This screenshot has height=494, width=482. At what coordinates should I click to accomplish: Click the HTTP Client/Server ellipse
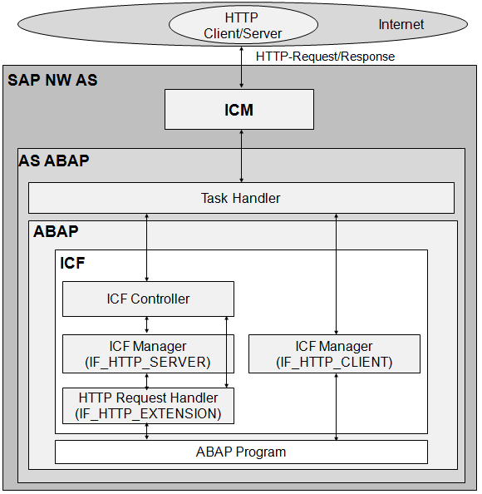coord(242,25)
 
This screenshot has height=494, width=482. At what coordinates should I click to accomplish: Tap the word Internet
coord(401,25)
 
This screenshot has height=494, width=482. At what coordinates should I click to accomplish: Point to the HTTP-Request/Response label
coord(325,57)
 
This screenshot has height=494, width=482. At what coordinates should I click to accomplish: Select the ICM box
coord(239,110)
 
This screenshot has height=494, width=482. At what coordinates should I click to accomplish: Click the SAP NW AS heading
coord(52,81)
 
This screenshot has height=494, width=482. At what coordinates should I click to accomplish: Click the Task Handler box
coord(241,198)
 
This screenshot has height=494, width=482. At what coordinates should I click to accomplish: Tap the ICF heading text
coord(72,263)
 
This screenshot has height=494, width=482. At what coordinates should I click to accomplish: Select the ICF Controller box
coord(148,299)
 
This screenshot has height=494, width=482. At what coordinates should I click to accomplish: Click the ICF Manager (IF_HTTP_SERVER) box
coord(148,353)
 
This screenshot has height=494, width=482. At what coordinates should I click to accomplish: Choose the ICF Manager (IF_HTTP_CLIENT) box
coord(334,353)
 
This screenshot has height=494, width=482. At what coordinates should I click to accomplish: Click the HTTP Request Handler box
coord(148,406)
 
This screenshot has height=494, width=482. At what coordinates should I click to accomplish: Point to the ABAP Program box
coord(241,452)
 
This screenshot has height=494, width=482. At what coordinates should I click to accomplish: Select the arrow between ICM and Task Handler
coord(242,156)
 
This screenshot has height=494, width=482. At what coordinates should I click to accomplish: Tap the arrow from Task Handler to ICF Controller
coord(147,247)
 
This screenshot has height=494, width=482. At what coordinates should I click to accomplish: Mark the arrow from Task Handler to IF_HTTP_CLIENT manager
coord(336,274)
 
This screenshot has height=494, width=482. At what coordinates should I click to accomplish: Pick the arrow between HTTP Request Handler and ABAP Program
coord(147,432)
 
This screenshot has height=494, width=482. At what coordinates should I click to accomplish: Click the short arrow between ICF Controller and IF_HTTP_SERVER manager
coord(147,325)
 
